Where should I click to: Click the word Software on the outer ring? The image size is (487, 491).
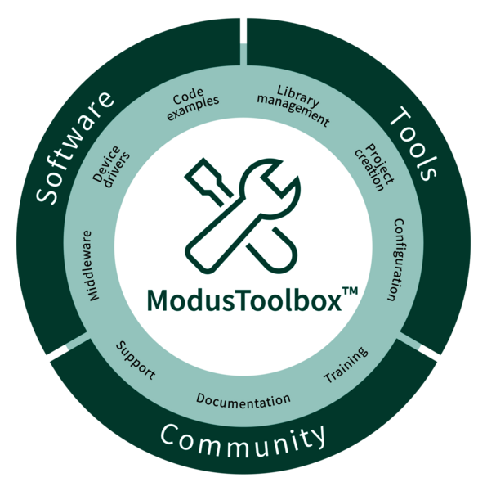pyautogui.click(x=74, y=148)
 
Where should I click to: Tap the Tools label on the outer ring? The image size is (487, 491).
pyautogui.click(x=413, y=143)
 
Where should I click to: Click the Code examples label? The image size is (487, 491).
pyautogui.click(x=192, y=103)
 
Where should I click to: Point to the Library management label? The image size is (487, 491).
pyautogui.click(x=293, y=106)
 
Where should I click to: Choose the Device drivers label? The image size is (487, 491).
pyautogui.click(x=111, y=167)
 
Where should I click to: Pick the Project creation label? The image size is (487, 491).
pyautogui.click(x=374, y=168)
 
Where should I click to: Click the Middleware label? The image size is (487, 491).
pyautogui.click(x=91, y=266)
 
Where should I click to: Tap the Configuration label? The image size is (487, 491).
pyautogui.click(x=396, y=260)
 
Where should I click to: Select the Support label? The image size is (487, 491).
pyautogui.click(x=136, y=361)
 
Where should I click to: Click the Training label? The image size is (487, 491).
pyautogui.click(x=346, y=365)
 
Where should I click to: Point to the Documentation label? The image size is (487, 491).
pyautogui.click(x=243, y=401)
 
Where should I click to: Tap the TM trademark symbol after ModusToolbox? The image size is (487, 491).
pyautogui.click(x=351, y=291)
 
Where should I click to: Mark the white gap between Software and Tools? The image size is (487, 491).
pyautogui.click(x=243, y=31)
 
